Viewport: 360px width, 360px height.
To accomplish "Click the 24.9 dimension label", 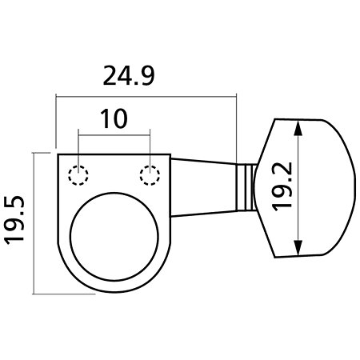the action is tap(129, 76).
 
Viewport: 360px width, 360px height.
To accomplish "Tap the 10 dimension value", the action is tap(114, 118).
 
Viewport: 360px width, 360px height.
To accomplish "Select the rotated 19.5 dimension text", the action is tap(14, 220).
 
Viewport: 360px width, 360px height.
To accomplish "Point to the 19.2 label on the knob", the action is tap(282, 186).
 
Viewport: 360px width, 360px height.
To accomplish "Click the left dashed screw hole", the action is tap(78, 175).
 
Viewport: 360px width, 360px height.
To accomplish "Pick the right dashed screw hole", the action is tap(150, 175).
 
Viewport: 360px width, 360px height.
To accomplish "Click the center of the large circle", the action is tap(114, 236).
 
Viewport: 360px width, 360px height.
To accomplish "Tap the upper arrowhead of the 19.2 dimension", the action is tap(298, 128).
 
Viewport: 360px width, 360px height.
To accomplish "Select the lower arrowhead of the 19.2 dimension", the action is tap(298, 247).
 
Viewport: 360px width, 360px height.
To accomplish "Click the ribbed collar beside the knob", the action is tap(246, 187).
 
